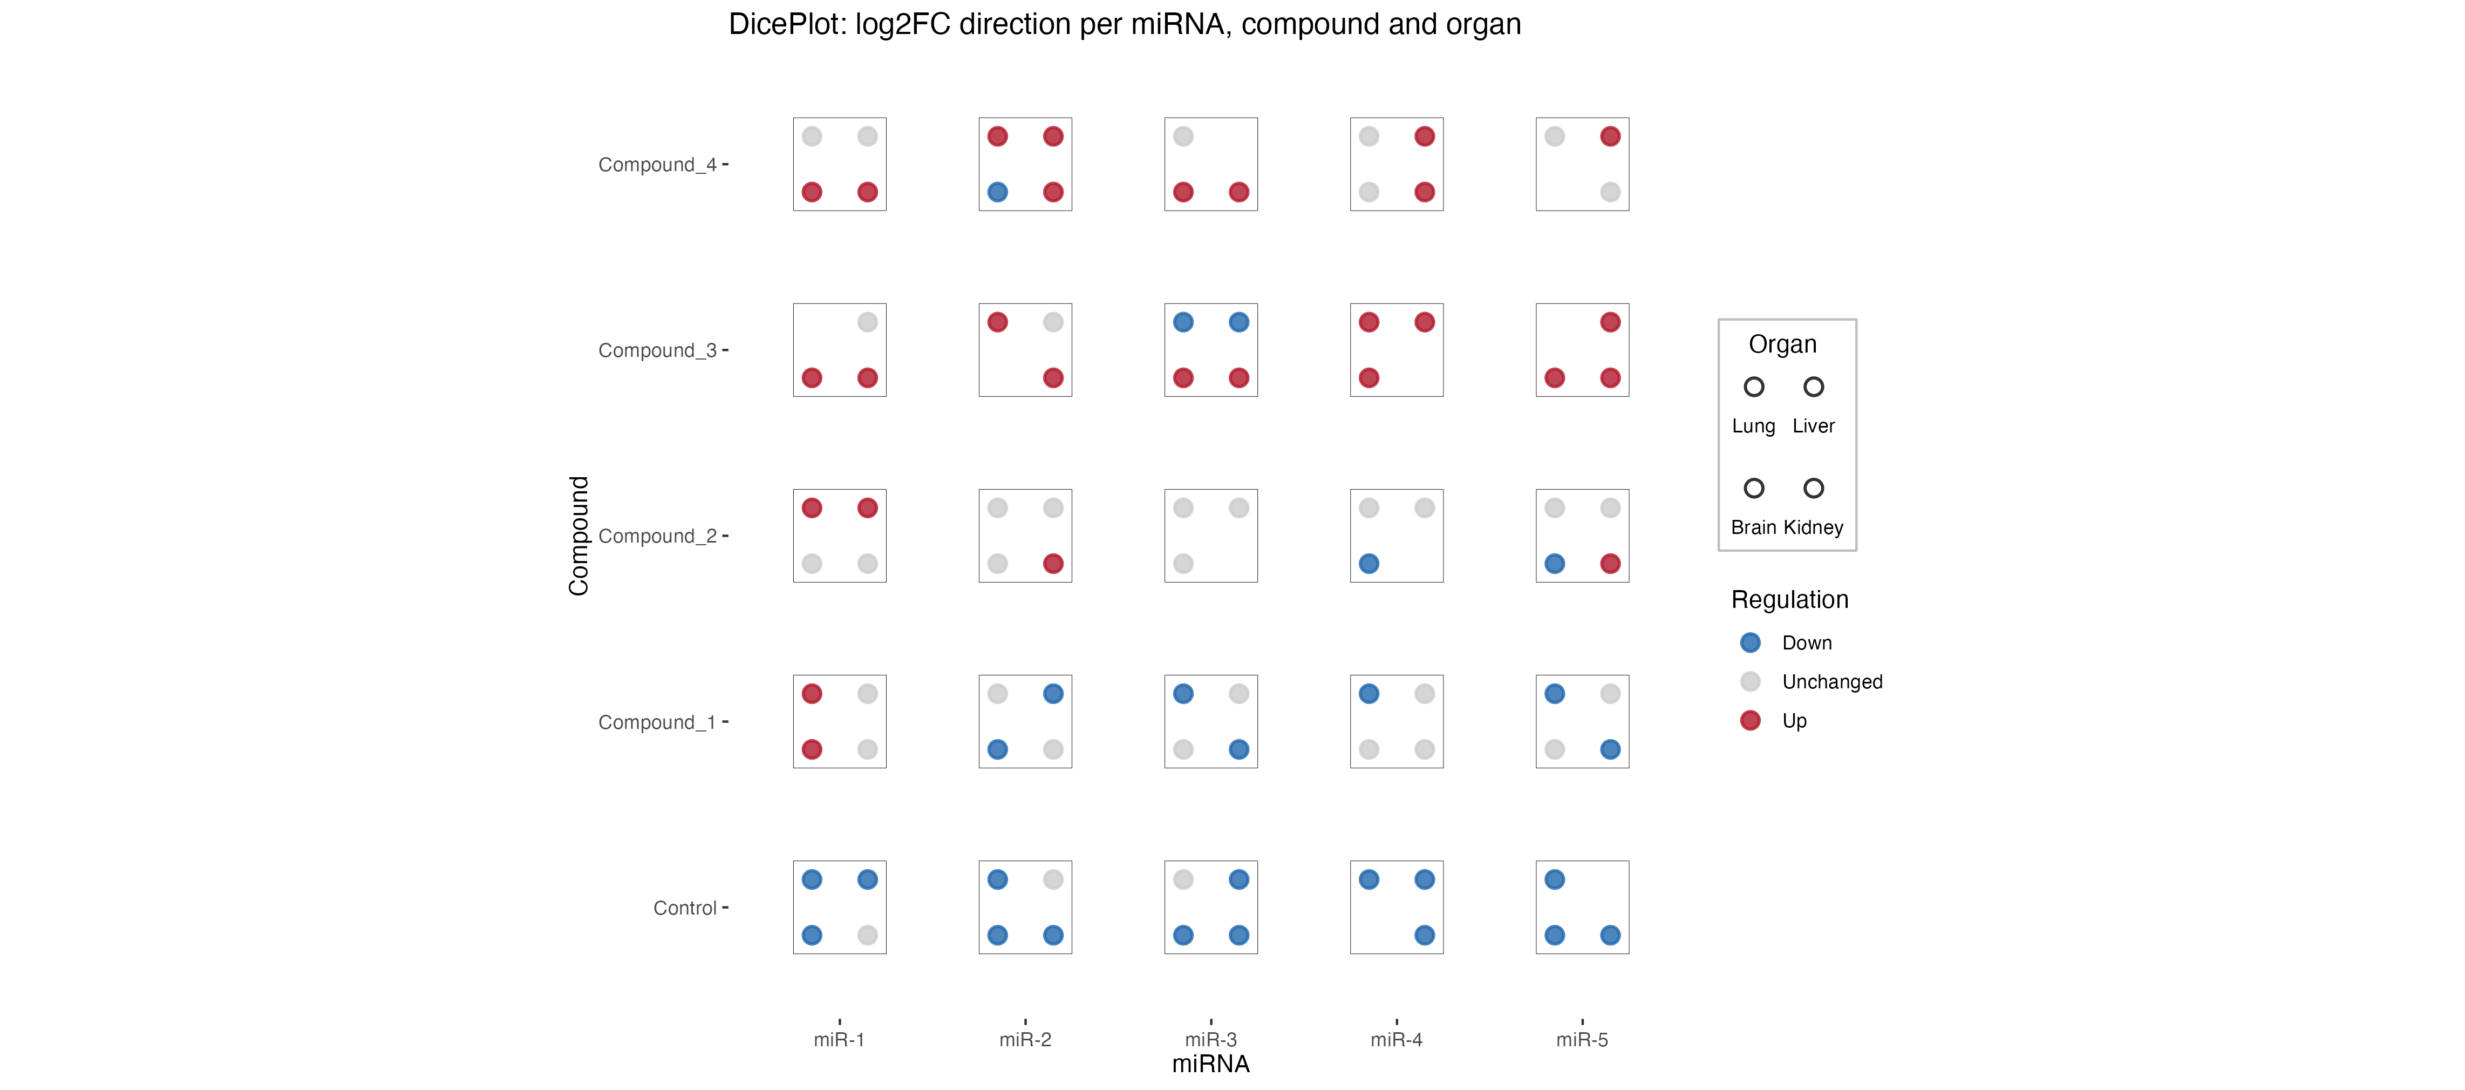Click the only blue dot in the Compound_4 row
(997, 192)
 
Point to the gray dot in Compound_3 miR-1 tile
(867, 322)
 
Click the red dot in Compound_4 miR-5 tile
(1610, 137)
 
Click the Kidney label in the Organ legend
(1813, 527)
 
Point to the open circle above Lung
(1753, 387)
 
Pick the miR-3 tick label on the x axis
(1210, 1039)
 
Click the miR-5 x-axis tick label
(1582, 1039)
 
